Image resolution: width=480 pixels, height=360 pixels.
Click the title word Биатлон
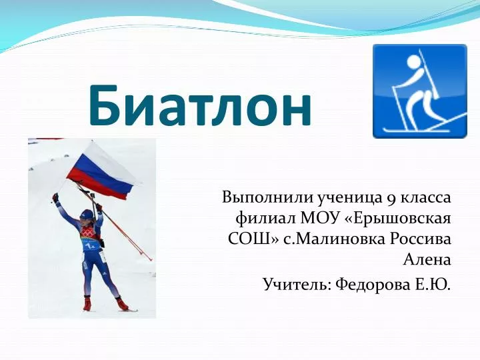[201, 105]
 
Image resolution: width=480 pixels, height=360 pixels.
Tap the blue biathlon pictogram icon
[420, 91]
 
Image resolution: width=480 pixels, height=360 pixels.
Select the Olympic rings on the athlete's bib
[89, 235]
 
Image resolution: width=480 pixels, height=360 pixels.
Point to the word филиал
[265, 219]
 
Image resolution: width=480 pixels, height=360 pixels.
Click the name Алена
[427, 260]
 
